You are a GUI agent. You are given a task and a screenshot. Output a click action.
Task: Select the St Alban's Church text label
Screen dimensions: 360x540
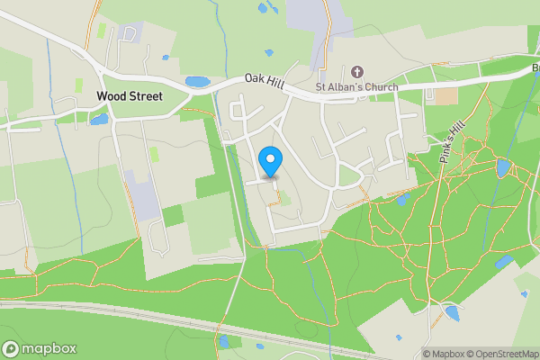tap(357, 87)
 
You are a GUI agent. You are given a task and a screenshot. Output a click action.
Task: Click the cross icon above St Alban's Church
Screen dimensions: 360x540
tap(357, 71)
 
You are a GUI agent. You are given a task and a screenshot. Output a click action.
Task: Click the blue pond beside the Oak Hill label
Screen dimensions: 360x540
tap(197, 82)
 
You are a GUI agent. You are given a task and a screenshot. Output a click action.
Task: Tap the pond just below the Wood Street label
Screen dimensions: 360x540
tap(98, 119)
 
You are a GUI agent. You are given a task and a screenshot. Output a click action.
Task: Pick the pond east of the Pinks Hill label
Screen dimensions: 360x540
tap(502, 167)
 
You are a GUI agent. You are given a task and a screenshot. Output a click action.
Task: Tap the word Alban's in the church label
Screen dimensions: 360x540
tap(345, 87)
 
